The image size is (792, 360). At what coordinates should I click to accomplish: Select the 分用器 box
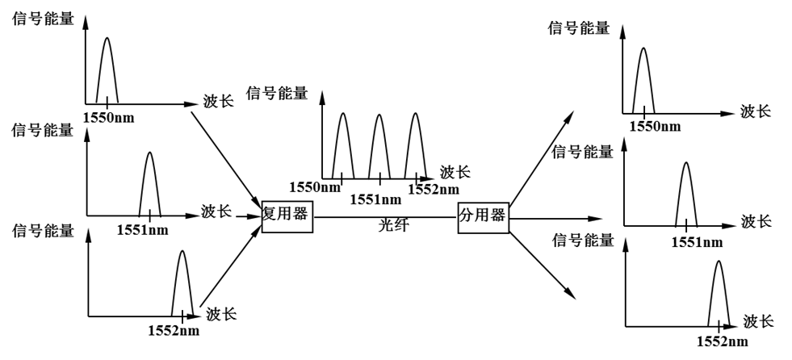point(483,216)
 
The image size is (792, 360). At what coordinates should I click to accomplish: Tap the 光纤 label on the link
point(394,227)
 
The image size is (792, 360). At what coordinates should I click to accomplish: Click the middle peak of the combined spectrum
point(379,145)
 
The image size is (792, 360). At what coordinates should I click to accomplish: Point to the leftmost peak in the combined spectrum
point(342,145)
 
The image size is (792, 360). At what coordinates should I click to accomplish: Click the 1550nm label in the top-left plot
point(108,118)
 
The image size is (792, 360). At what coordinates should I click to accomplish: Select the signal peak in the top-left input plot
point(108,69)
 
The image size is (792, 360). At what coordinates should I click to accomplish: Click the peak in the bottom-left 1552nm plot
point(182,283)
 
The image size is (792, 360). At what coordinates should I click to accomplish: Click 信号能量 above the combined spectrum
point(278,94)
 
